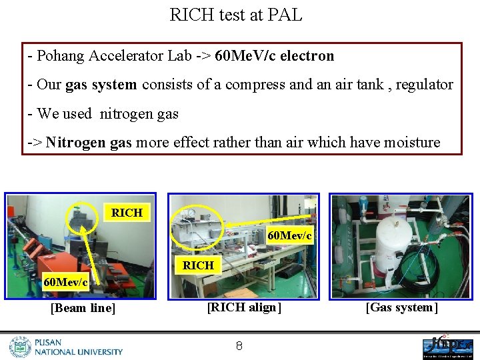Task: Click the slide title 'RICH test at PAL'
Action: (x=236, y=15)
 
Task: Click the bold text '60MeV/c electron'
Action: (x=275, y=56)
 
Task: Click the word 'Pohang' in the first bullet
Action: (x=59, y=56)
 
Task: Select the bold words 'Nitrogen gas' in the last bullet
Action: (x=88, y=142)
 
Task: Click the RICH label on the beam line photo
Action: (x=127, y=213)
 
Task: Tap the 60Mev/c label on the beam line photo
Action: (x=65, y=282)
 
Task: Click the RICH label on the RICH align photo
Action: (x=198, y=265)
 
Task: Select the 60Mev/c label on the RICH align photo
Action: (x=289, y=235)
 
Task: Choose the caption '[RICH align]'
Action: (x=244, y=307)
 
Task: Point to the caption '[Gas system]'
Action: (x=401, y=307)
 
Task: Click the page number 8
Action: (x=239, y=345)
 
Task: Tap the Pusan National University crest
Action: (x=20, y=347)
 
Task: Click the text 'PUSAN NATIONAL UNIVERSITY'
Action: (x=79, y=347)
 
